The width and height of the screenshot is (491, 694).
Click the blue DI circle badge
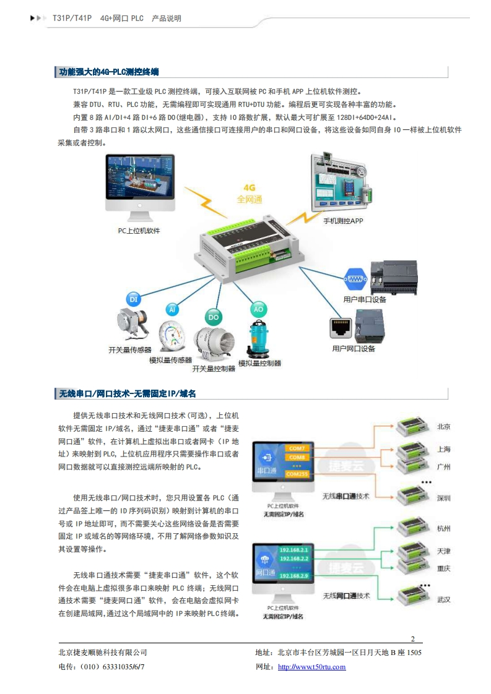coord(133,299)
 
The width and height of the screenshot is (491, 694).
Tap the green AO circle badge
coord(258,309)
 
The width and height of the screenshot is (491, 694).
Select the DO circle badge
coord(214,317)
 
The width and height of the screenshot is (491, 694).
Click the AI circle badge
coord(173,309)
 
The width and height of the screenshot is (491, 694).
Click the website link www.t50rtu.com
coord(311,667)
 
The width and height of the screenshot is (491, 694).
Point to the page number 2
coord(413,639)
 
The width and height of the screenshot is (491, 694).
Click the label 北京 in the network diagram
coord(443,427)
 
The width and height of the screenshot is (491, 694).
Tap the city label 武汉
coord(443,599)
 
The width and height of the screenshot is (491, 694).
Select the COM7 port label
coord(297,448)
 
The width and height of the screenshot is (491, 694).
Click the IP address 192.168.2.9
coord(293,576)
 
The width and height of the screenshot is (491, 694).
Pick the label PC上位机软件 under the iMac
coord(139,231)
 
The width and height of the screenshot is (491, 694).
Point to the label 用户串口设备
coord(365,299)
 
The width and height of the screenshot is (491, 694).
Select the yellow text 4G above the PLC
coord(250,187)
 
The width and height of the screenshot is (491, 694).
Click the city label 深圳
coord(443,499)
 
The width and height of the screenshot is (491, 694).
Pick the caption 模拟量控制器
coord(260,363)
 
